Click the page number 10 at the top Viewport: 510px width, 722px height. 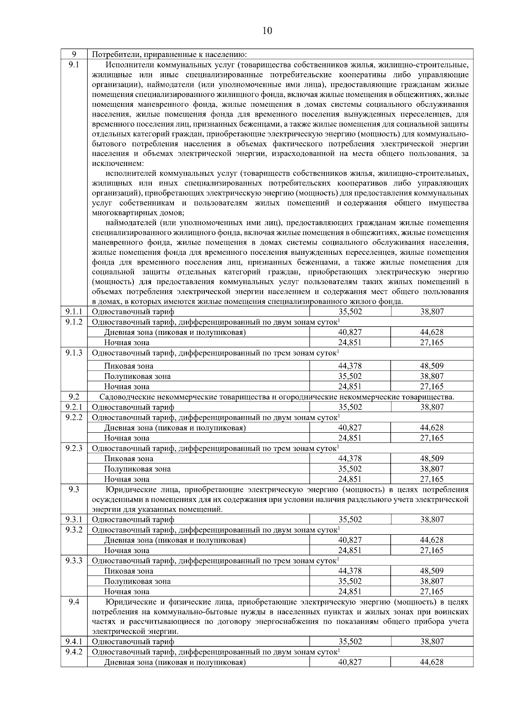point(267,31)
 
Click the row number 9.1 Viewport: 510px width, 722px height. point(74,65)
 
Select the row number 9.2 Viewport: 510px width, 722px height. point(74,397)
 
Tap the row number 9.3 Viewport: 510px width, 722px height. point(74,489)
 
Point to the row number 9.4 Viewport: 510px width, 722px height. point(74,602)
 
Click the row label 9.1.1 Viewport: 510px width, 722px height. point(74,311)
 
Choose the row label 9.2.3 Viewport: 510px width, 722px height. point(74,448)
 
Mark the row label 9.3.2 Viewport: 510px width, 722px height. point(74,530)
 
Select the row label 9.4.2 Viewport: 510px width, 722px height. point(74,652)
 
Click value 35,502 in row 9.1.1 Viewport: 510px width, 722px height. point(350,311)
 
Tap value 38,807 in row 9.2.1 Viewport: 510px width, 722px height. point(432,407)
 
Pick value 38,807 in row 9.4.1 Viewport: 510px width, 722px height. point(432,642)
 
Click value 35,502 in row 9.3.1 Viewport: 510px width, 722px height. point(350,519)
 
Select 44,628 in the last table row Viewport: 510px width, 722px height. point(432,662)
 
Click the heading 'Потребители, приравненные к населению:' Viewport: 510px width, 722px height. point(170,54)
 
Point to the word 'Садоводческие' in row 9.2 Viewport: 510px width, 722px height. point(124,397)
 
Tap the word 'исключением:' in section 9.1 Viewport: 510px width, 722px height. point(118,163)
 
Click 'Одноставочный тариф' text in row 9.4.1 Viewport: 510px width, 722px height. point(133,642)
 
